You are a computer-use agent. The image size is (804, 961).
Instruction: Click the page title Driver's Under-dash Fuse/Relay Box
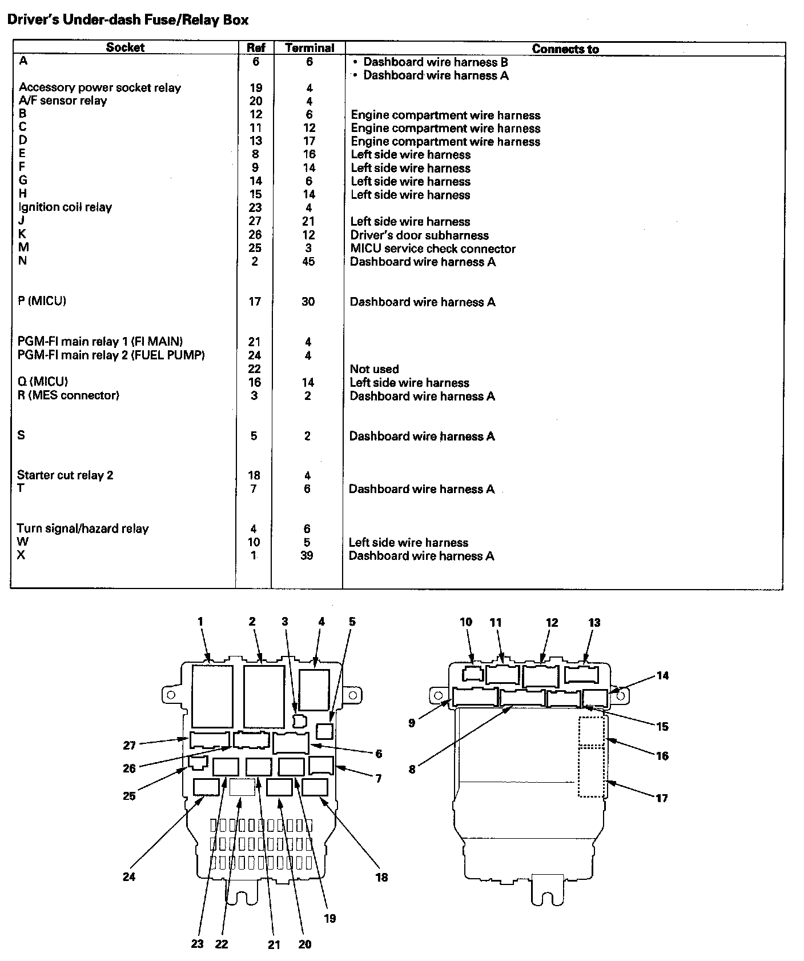point(128,20)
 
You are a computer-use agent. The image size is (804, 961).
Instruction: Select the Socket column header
point(125,48)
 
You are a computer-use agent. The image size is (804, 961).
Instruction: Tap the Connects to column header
point(565,49)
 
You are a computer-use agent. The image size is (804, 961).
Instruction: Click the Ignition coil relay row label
point(65,207)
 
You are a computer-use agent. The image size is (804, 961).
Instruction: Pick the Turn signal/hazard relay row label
point(83,528)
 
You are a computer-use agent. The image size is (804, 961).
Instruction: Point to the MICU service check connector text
point(432,249)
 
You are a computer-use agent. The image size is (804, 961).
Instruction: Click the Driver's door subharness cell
point(419,235)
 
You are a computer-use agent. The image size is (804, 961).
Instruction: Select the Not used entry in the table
point(374,369)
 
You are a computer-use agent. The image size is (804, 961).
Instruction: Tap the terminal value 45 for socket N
point(308,262)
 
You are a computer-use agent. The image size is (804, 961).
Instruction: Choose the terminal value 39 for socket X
point(307,555)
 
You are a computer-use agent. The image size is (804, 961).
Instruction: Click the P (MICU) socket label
point(42,301)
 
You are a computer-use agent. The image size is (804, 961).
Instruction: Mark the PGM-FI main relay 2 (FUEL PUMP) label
point(111,355)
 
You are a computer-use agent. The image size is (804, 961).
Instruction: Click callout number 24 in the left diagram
point(129,876)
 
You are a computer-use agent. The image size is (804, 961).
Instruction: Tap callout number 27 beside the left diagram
point(130,746)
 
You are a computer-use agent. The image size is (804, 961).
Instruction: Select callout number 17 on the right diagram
point(661,798)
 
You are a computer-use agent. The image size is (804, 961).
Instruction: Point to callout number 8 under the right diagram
point(412,769)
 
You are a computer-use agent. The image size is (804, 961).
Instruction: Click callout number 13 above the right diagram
point(594,623)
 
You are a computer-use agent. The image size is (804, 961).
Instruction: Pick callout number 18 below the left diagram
point(381,877)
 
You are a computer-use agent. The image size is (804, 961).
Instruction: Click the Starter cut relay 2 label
point(65,475)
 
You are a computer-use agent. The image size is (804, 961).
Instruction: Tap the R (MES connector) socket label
point(69,395)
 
